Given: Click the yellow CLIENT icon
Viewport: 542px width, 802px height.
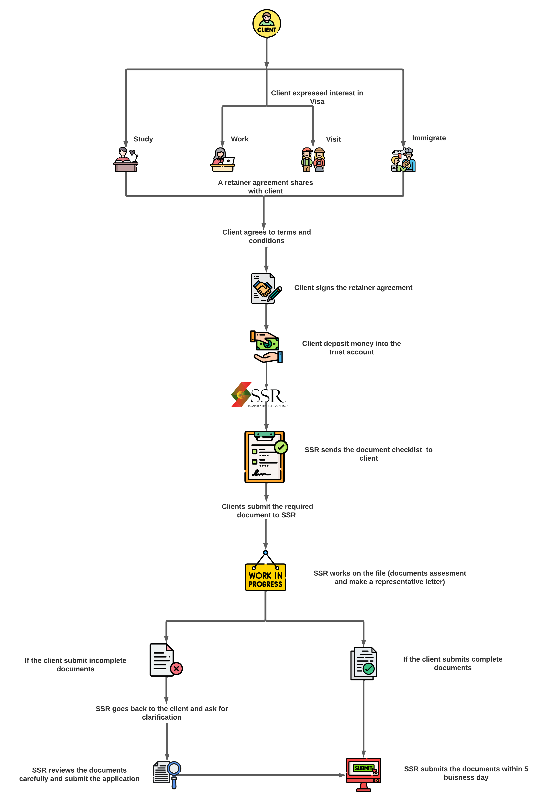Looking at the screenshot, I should coord(267,23).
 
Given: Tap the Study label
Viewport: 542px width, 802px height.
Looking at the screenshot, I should coord(143,139).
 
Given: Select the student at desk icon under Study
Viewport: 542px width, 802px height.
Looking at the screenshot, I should coord(126,160).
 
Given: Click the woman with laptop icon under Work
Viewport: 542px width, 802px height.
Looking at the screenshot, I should coord(223,160).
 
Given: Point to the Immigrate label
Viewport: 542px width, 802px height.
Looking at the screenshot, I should coord(429,138).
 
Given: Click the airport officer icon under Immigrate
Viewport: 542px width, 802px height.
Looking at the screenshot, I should coord(403,160).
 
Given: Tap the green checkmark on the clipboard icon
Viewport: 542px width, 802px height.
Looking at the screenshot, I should coord(281,447).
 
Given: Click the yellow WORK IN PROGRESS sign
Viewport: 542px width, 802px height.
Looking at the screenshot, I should coord(265,577).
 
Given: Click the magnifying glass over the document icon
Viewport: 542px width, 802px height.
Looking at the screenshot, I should coord(174,769).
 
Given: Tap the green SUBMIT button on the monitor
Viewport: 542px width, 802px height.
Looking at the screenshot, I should coord(363,768).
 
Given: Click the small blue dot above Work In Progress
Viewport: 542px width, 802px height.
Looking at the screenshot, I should coord(265,553).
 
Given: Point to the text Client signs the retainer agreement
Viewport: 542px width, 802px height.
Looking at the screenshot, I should coord(353,288).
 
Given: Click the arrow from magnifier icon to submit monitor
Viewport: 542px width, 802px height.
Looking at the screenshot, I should coord(262,775).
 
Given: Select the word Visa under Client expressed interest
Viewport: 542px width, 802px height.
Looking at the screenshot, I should coord(317,102).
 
